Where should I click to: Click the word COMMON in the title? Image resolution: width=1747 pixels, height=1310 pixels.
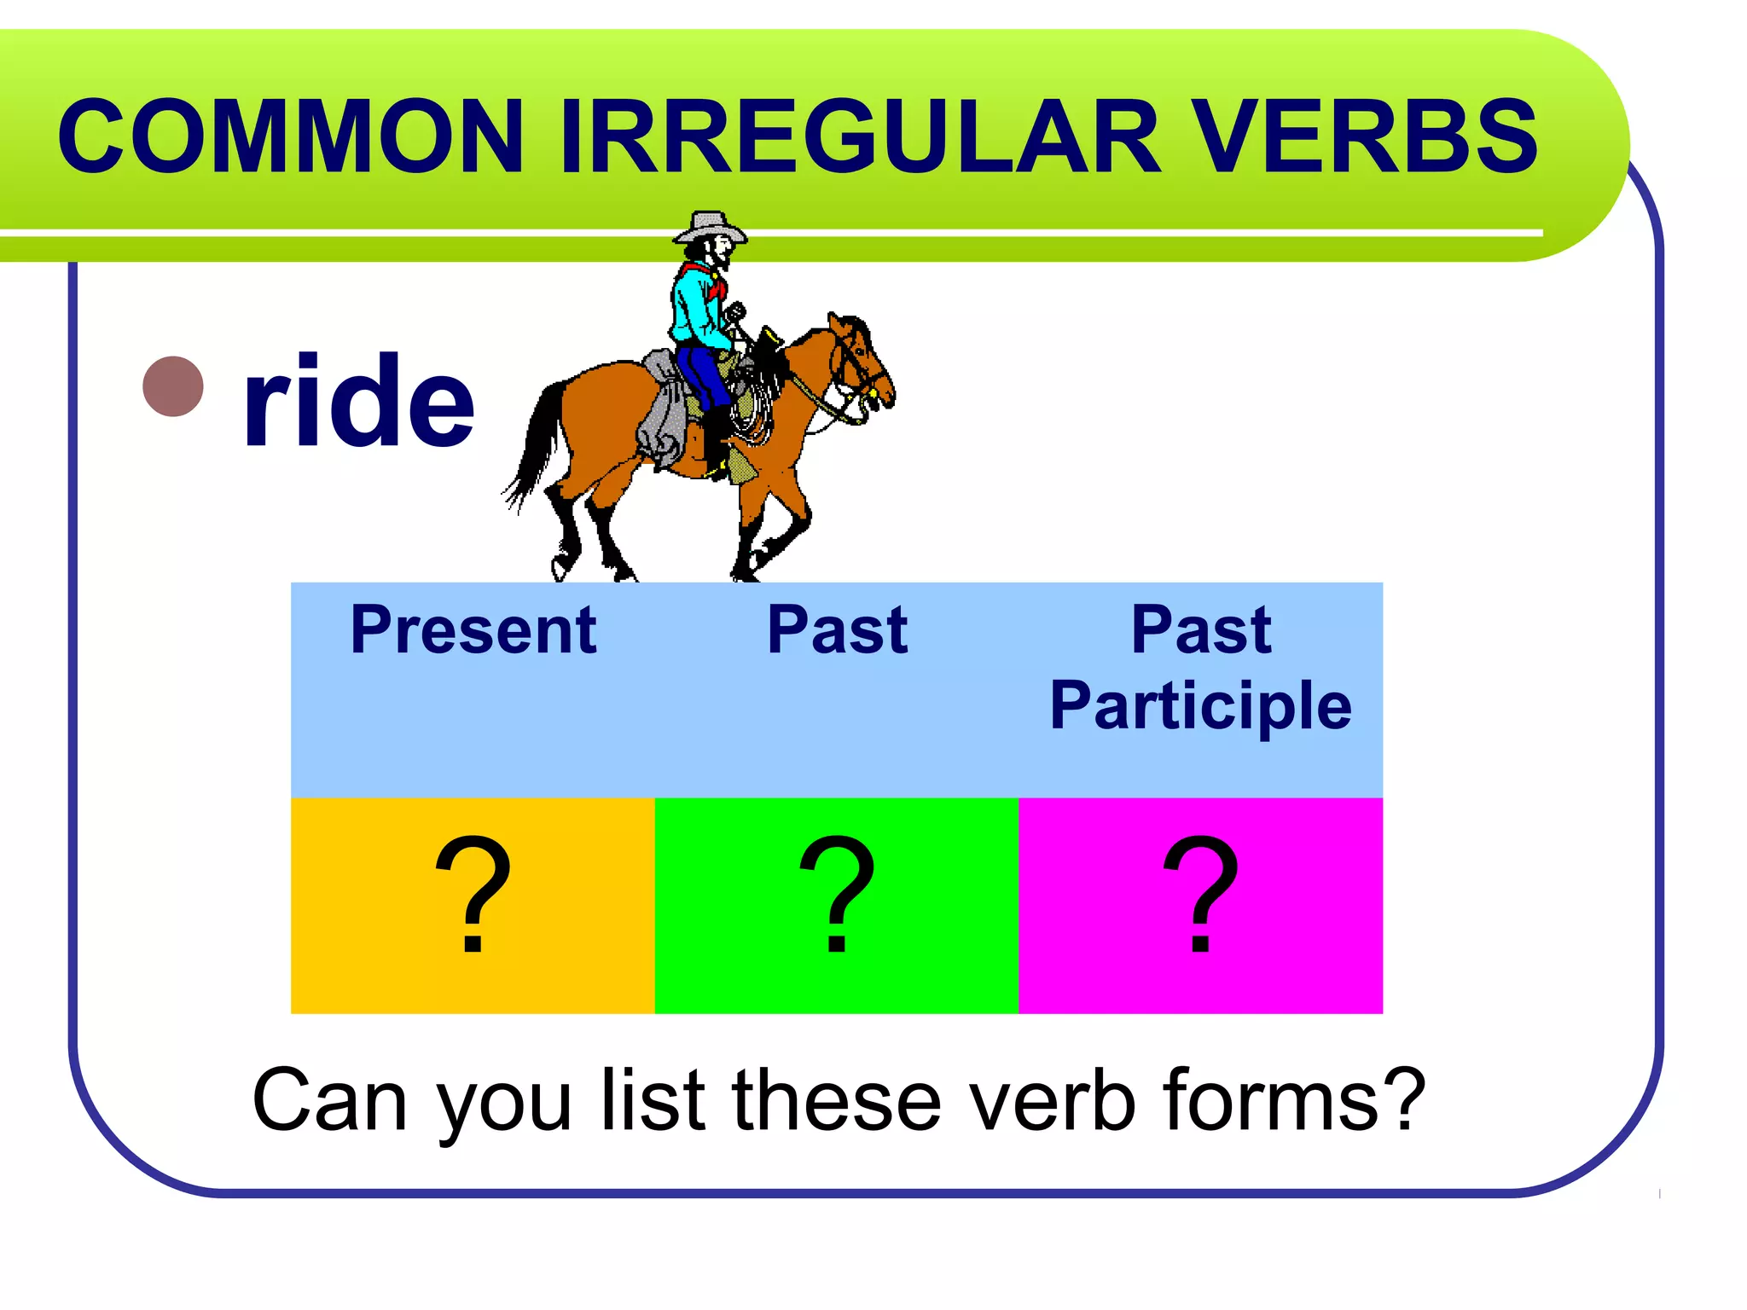click(290, 136)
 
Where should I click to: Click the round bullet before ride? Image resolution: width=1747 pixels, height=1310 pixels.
click(173, 386)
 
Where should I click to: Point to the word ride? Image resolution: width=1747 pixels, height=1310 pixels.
click(358, 401)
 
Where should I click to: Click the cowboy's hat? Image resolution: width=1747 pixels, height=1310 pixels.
click(708, 228)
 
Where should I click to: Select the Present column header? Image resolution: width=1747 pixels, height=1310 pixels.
click(473, 630)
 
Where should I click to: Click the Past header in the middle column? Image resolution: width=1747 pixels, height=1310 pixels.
click(837, 630)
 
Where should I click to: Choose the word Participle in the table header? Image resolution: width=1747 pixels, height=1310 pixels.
click(1200, 705)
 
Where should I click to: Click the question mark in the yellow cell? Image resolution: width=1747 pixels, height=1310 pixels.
click(473, 896)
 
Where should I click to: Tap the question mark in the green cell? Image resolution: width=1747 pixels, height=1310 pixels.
click(837, 896)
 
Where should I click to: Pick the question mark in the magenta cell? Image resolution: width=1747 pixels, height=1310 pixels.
click(1200, 896)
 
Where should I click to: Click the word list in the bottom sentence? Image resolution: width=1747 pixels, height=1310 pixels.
click(653, 1100)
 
